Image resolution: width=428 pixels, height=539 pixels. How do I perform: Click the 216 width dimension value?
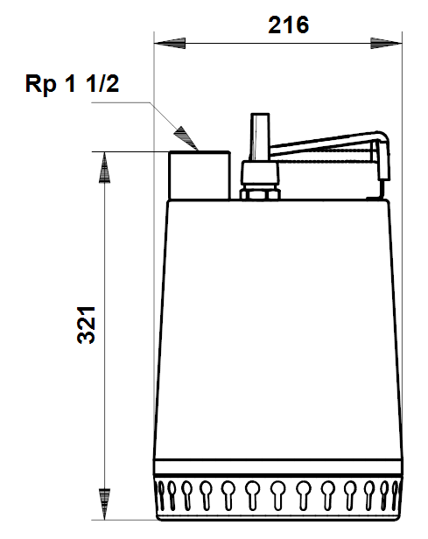point(288,25)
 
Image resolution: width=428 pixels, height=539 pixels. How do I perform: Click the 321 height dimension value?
point(86,325)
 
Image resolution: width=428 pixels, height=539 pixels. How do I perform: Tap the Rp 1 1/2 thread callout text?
point(72,83)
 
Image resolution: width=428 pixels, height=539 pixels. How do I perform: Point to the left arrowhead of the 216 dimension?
point(170,44)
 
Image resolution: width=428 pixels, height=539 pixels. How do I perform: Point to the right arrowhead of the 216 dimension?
point(386,44)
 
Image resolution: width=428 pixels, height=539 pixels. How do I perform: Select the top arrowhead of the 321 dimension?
point(104,167)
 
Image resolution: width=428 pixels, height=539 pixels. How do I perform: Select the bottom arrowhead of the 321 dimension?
point(104,504)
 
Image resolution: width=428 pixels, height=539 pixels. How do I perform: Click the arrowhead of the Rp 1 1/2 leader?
point(186,138)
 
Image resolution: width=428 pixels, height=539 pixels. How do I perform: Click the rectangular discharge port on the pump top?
point(200,175)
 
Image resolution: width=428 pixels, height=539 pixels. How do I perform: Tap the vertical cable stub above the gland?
point(260,137)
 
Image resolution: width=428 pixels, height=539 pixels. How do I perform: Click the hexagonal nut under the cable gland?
point(260,194)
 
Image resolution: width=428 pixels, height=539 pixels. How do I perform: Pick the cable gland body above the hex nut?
point(260,173)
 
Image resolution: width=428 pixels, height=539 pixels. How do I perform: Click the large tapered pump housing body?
point(277,329)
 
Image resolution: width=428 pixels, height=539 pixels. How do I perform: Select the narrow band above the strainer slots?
point(277,467)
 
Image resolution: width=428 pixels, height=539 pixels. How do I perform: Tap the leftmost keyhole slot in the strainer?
point(160,494)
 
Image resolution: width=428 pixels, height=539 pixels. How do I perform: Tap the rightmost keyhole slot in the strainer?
point(396,494)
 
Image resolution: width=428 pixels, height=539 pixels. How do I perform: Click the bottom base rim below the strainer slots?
point(278,515)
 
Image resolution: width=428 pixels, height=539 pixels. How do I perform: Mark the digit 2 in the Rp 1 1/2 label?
point(111,83)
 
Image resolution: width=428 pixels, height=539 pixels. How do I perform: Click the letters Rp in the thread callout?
point(40,85)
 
